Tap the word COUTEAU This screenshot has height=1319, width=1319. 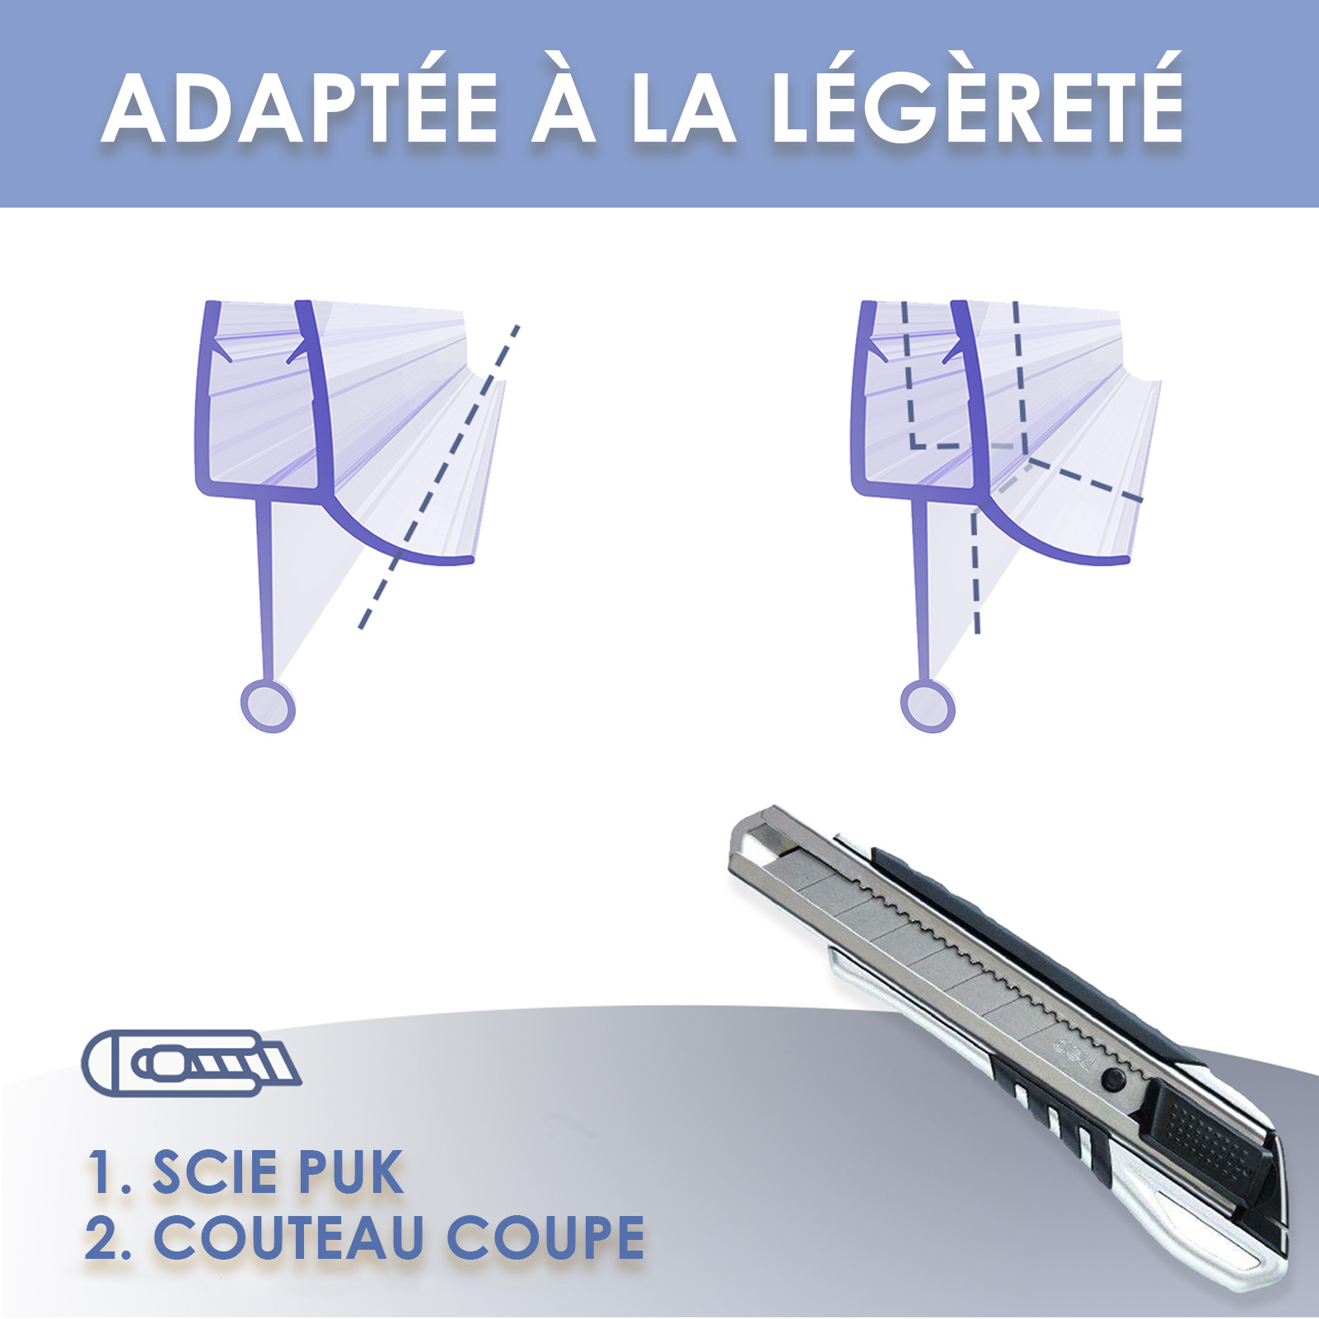(x=289, y=1237)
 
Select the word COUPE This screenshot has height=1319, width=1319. (x=545, y=1237)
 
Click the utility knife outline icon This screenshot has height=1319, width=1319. (x=191, y=1063)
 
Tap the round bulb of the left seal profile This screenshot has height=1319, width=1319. (x=268, y=706)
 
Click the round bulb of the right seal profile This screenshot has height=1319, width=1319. (x=928, y=706)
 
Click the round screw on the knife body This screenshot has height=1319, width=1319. (x=1115, y=1078)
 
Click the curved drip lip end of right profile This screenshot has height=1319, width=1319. (x=1120, y=561)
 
